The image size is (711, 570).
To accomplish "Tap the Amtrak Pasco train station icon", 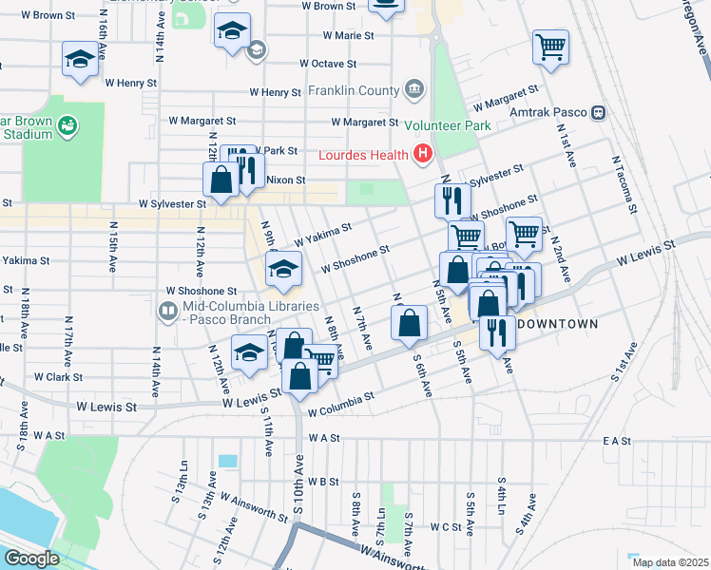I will point(598,112).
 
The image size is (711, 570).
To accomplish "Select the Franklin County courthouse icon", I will point(414,91).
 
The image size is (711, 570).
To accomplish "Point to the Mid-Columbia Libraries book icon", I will point(167,311).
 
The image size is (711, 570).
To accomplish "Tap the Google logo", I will point(31,559).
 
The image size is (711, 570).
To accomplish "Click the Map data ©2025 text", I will point(669,561).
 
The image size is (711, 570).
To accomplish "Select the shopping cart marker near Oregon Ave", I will point(551,47).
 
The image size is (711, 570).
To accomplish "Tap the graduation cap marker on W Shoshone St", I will point(283,270).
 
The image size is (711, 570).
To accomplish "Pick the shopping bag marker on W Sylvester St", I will point(221,180).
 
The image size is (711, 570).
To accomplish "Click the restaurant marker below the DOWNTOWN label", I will point(497,333).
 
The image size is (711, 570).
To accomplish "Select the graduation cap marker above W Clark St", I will point(250,352).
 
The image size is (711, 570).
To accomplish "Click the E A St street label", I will point(616,441).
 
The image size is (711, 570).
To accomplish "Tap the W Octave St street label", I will point(327,64).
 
